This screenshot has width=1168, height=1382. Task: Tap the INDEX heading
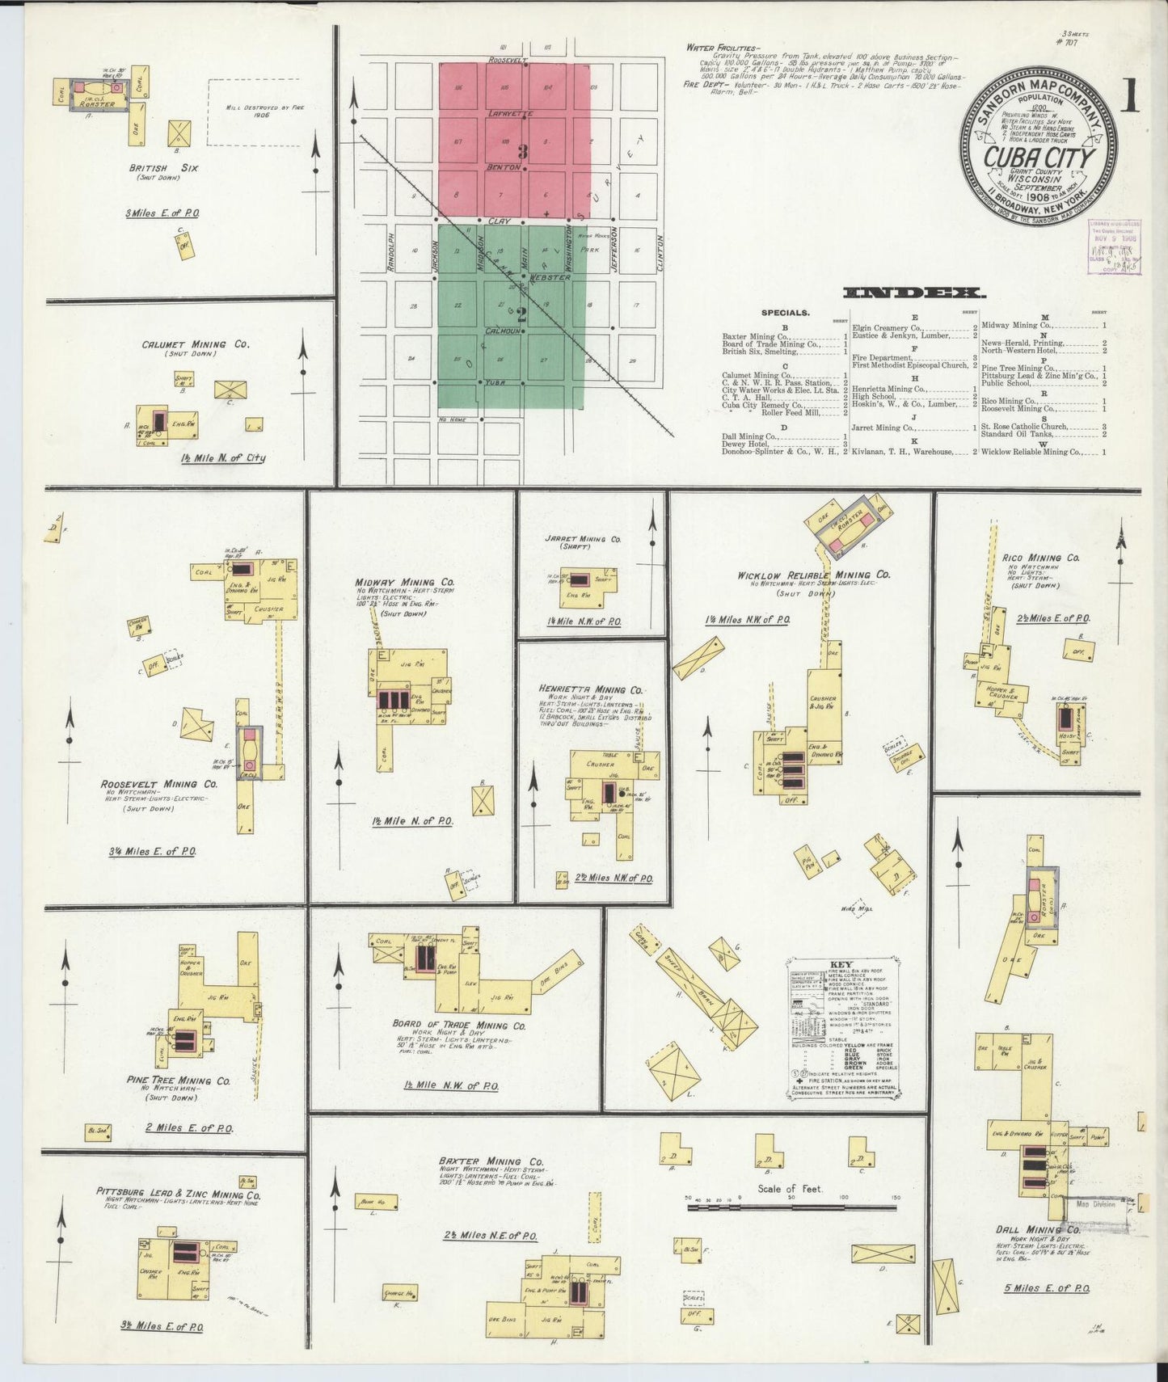pyautogui.click(x=913, y=293)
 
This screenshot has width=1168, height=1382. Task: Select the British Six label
pyautogui.click(x=163, y=168)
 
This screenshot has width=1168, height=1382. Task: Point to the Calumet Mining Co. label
pyautogui.click(x=196, y=344)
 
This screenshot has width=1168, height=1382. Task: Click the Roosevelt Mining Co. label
pyautogui.click(x=159, y=784)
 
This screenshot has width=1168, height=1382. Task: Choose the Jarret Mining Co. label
pyautogui.click(x=583, y=538)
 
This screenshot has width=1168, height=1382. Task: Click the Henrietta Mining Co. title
pyautogui.click(x=591, y=689)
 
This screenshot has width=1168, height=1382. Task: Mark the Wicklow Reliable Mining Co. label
pyautogui.click(x=813, y=575)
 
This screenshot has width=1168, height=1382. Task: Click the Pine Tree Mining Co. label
pyautogui.click(x=179, y=1081)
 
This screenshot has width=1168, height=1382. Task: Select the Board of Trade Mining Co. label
pyautogui.click(x=459, y=1025)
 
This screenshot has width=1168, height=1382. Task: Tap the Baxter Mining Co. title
pyautogui.click(x=491, y=1161)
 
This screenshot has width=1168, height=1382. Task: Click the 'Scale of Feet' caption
pyautogui.click(x=790, y=1188)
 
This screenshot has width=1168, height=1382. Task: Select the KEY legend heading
pyautogui.click(x=841, y=964)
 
